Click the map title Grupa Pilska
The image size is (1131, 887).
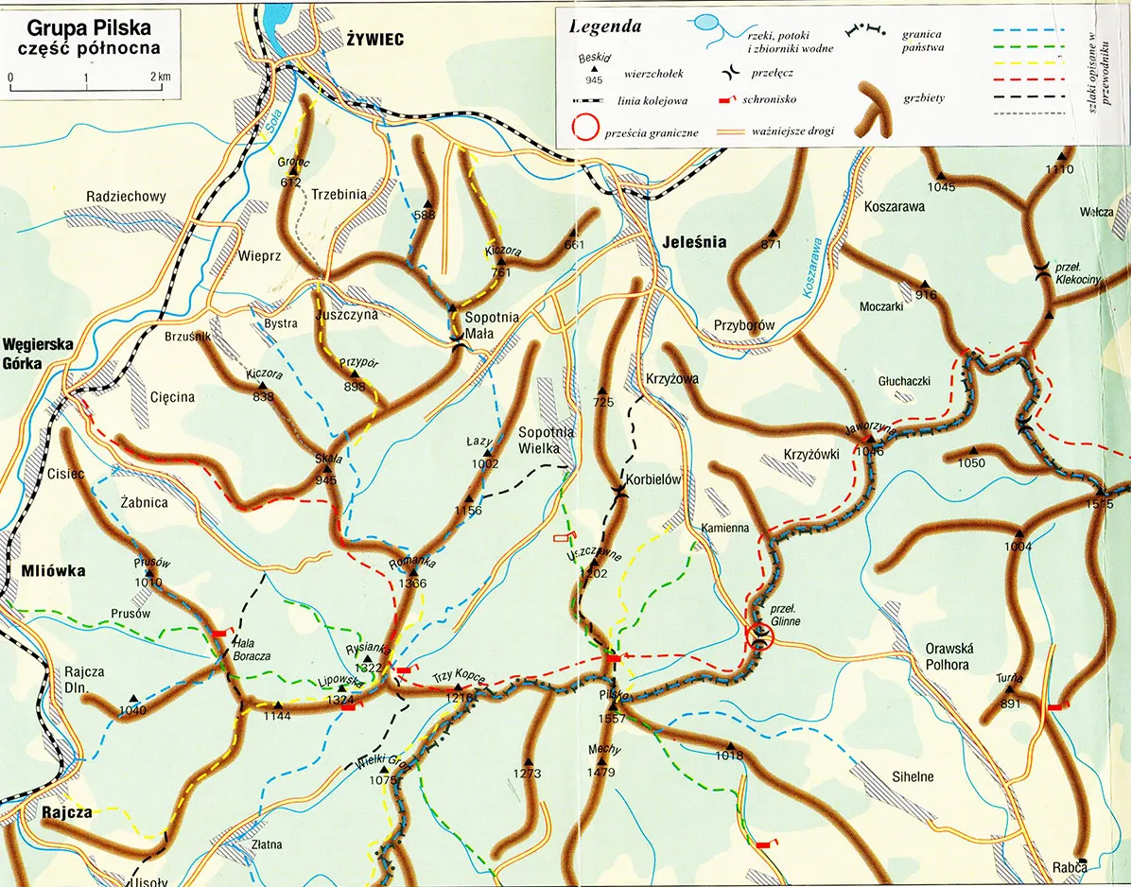tap(89, 27)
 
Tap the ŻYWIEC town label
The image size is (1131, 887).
tap(374, 39)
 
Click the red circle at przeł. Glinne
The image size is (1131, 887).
tap(759, 636)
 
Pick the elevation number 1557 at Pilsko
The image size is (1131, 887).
tap(612, 719)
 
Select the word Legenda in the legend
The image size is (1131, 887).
tap(605, 26)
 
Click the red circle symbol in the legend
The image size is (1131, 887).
tap(585, 128)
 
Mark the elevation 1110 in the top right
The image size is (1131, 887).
tap(1060, 170)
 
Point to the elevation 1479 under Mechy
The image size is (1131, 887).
tap(601, 773)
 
